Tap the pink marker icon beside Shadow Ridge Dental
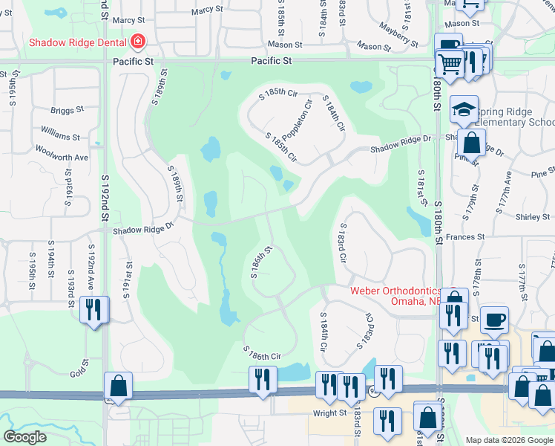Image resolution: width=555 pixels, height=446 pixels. coord(137,42)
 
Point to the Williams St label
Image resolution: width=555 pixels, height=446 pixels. coord(60,136)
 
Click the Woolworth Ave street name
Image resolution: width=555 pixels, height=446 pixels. coord(62,158)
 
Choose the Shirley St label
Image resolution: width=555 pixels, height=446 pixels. coord(511,217)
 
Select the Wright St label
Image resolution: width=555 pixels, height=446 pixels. coord(329,413)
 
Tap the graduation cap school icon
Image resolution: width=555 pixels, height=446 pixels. coord(464,109)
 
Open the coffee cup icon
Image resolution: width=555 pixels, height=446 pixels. coord(494,320)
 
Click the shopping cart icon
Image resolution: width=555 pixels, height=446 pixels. coord(450,65)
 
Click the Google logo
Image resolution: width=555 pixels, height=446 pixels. coord(24,437)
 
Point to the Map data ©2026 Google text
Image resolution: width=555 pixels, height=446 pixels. coord(508,440)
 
